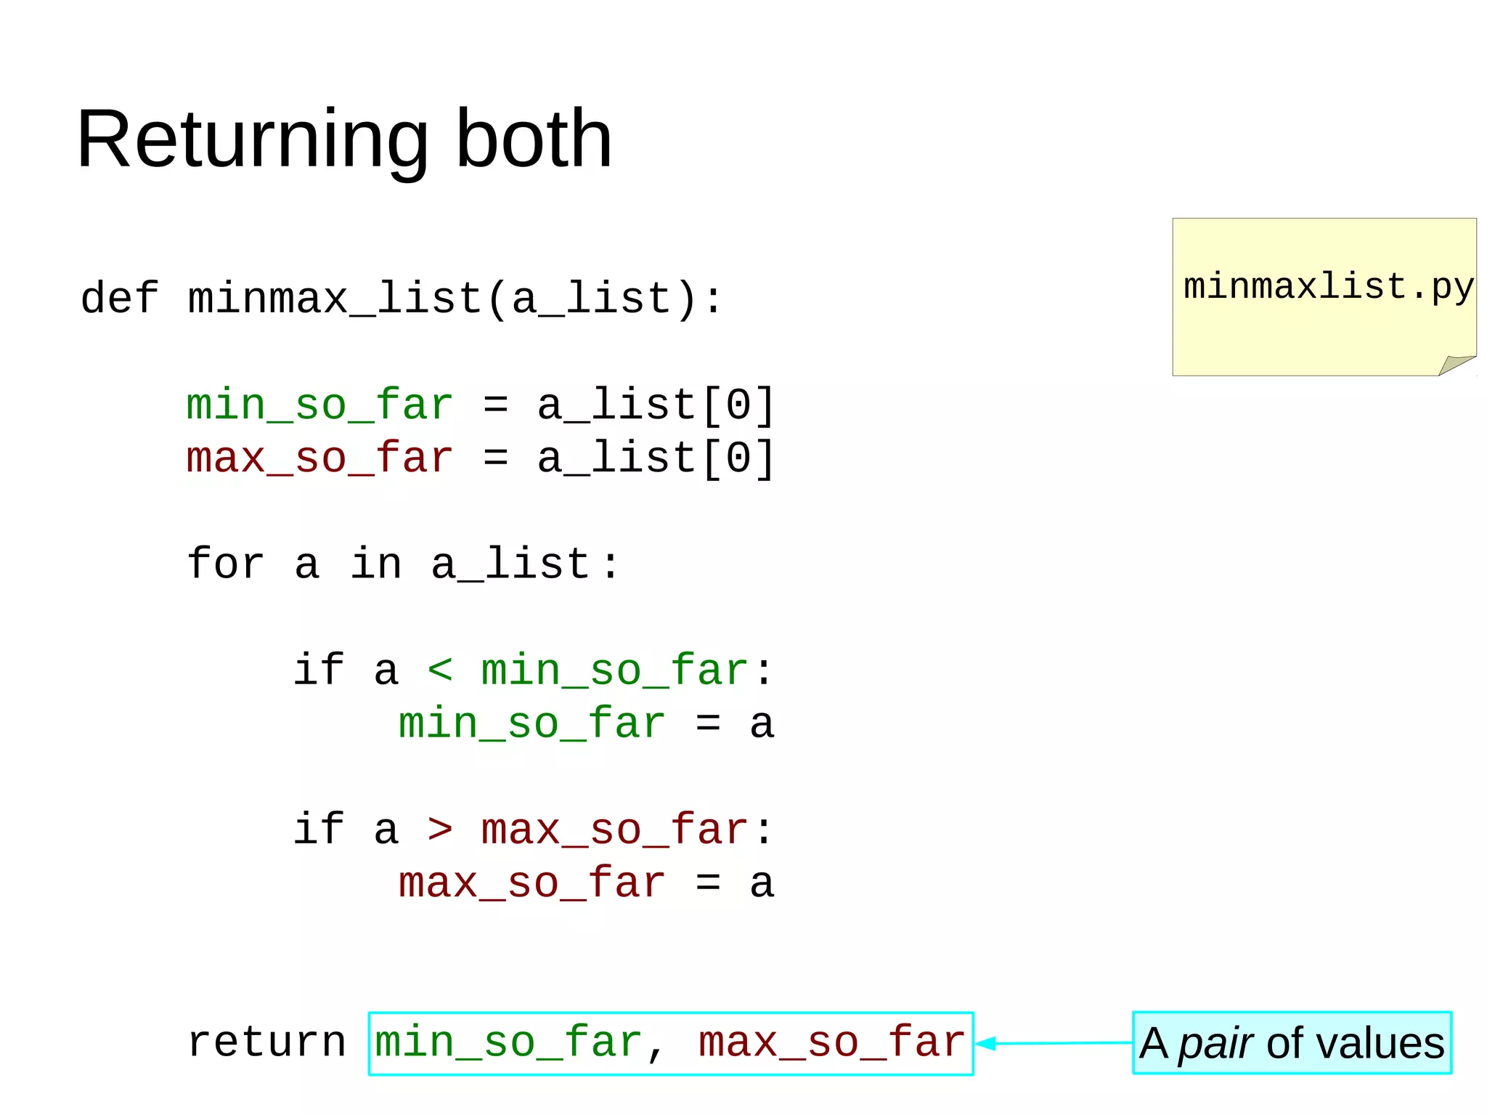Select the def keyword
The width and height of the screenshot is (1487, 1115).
point(119,299)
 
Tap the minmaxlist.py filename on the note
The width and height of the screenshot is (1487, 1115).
point(1328,287)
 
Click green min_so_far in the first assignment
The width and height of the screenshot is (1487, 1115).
point(319,405)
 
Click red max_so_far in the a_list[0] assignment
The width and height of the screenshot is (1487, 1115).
point(319,458)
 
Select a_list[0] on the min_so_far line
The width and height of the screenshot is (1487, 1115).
point(656,405)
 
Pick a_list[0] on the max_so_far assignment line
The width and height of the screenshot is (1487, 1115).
point(656,458)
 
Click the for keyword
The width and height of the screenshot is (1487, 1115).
point(225,564)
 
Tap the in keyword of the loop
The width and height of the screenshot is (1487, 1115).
point(375,564)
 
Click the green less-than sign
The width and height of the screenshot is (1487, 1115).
point(440,669)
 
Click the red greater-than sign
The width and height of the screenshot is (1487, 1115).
point(440,829)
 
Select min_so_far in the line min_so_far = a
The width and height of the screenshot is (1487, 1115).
point(531,723)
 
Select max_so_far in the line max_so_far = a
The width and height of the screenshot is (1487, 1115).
point(531,883)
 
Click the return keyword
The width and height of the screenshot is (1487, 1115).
point(266,1042)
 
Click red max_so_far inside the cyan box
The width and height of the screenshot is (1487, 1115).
point(831,1042)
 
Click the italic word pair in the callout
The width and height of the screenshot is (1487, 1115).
point(1215,1044)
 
